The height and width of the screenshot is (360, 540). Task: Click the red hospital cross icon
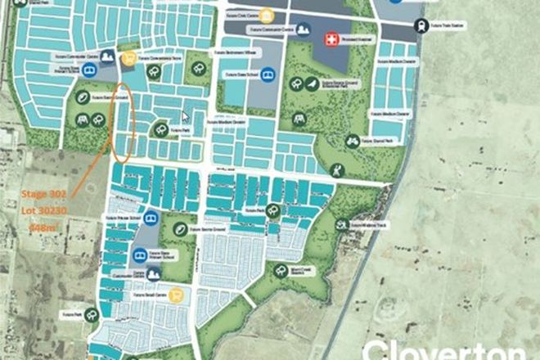tap(331, 38)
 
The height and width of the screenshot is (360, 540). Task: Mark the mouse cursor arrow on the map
tap(187, 116)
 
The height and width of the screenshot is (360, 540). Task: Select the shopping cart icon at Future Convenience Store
tap(128, 58)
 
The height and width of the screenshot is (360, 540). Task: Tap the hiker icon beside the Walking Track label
tap(340, 223)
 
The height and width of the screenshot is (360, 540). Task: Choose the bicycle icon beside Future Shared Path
tap(353, 142)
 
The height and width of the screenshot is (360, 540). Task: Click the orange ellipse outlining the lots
tap(124, 123)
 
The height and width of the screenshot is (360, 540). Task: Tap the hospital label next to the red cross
tap(357, 38)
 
